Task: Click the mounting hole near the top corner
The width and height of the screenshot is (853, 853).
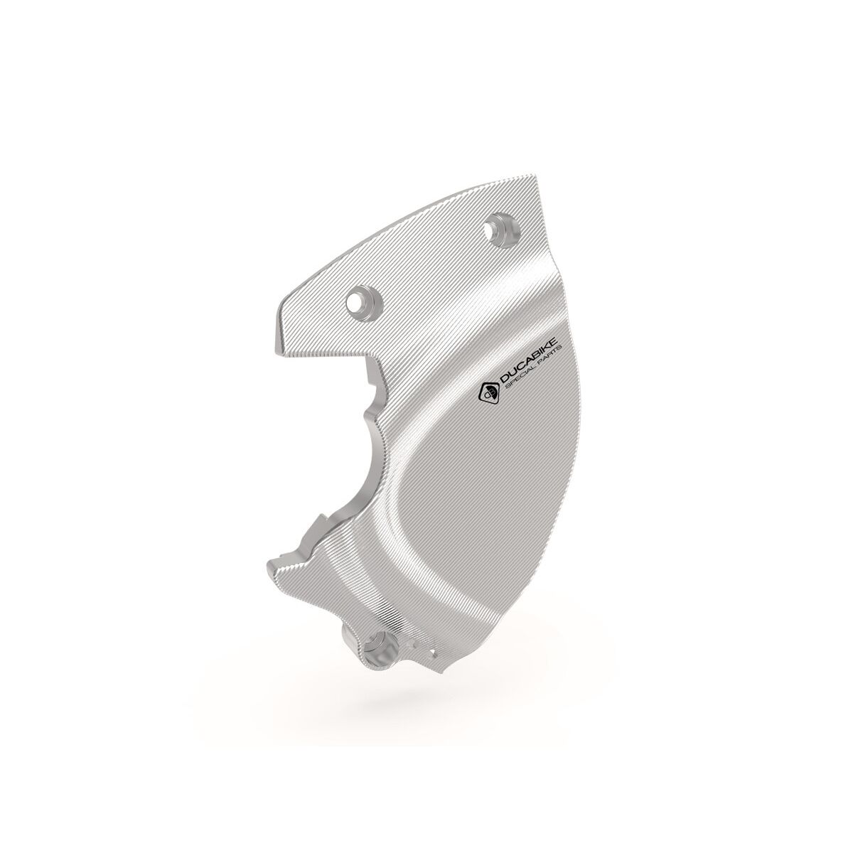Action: point(491,230)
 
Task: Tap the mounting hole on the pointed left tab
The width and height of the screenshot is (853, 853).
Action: point(355,302)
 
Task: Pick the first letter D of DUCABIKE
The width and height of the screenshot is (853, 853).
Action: point(503,386)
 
